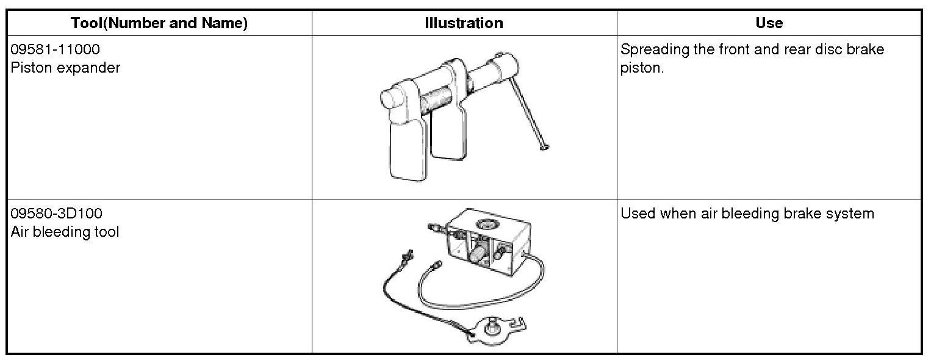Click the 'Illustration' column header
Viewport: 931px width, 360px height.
click(464, 23)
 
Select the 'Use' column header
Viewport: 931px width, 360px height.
click(769, 23)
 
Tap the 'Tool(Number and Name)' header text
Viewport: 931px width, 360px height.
click(159, 23)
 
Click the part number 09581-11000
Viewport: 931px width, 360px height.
click(55, 49)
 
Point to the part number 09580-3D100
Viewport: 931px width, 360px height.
click(57, 214)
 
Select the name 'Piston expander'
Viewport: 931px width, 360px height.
click(65, 67)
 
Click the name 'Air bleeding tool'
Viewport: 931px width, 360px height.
click(65, 232)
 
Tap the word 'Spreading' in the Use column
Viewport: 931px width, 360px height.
click(655, 49)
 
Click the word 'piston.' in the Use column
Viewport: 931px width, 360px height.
click(641, 68)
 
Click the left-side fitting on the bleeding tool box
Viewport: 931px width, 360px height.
click(438, 229)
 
